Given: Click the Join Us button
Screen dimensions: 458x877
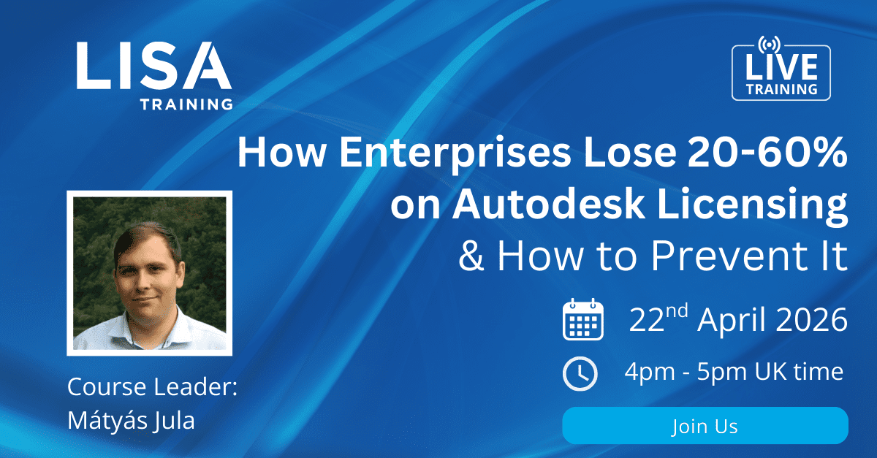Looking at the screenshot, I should pos(705,425).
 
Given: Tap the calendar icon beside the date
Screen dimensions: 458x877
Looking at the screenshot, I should pos(582,319).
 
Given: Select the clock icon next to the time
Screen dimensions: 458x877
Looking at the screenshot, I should pos(580,373).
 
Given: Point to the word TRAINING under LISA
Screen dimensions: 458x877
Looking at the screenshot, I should pos(186,104).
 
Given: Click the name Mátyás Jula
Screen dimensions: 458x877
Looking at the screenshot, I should pos(131,421).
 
